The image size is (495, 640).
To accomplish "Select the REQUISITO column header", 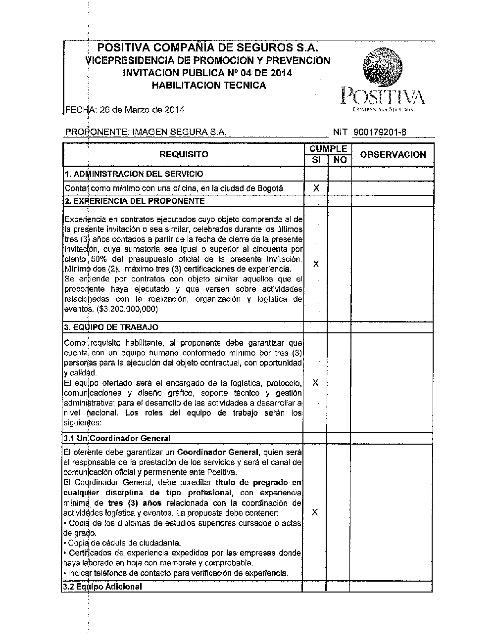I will (184, 155).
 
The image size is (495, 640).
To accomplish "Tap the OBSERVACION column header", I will (393, 155).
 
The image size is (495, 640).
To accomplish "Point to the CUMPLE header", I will (328, 149).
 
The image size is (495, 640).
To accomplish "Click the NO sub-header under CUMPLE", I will (340, 160).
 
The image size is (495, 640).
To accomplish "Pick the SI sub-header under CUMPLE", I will (316, 160).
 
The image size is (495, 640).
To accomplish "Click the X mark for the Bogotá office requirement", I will (316, 188).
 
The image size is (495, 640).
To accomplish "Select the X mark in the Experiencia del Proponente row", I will (316, 264).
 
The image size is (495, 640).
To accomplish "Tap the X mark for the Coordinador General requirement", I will (315, 512).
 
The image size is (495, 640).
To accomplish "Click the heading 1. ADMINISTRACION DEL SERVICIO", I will (134, 174).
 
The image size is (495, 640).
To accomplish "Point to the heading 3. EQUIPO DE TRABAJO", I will (111, 327).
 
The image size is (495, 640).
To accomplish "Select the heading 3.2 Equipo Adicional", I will (102, 587).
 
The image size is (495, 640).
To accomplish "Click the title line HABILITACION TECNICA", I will (208, 85).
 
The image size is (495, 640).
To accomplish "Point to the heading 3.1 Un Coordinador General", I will (117, 438).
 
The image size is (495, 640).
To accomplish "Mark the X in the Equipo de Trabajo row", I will (315, 383).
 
